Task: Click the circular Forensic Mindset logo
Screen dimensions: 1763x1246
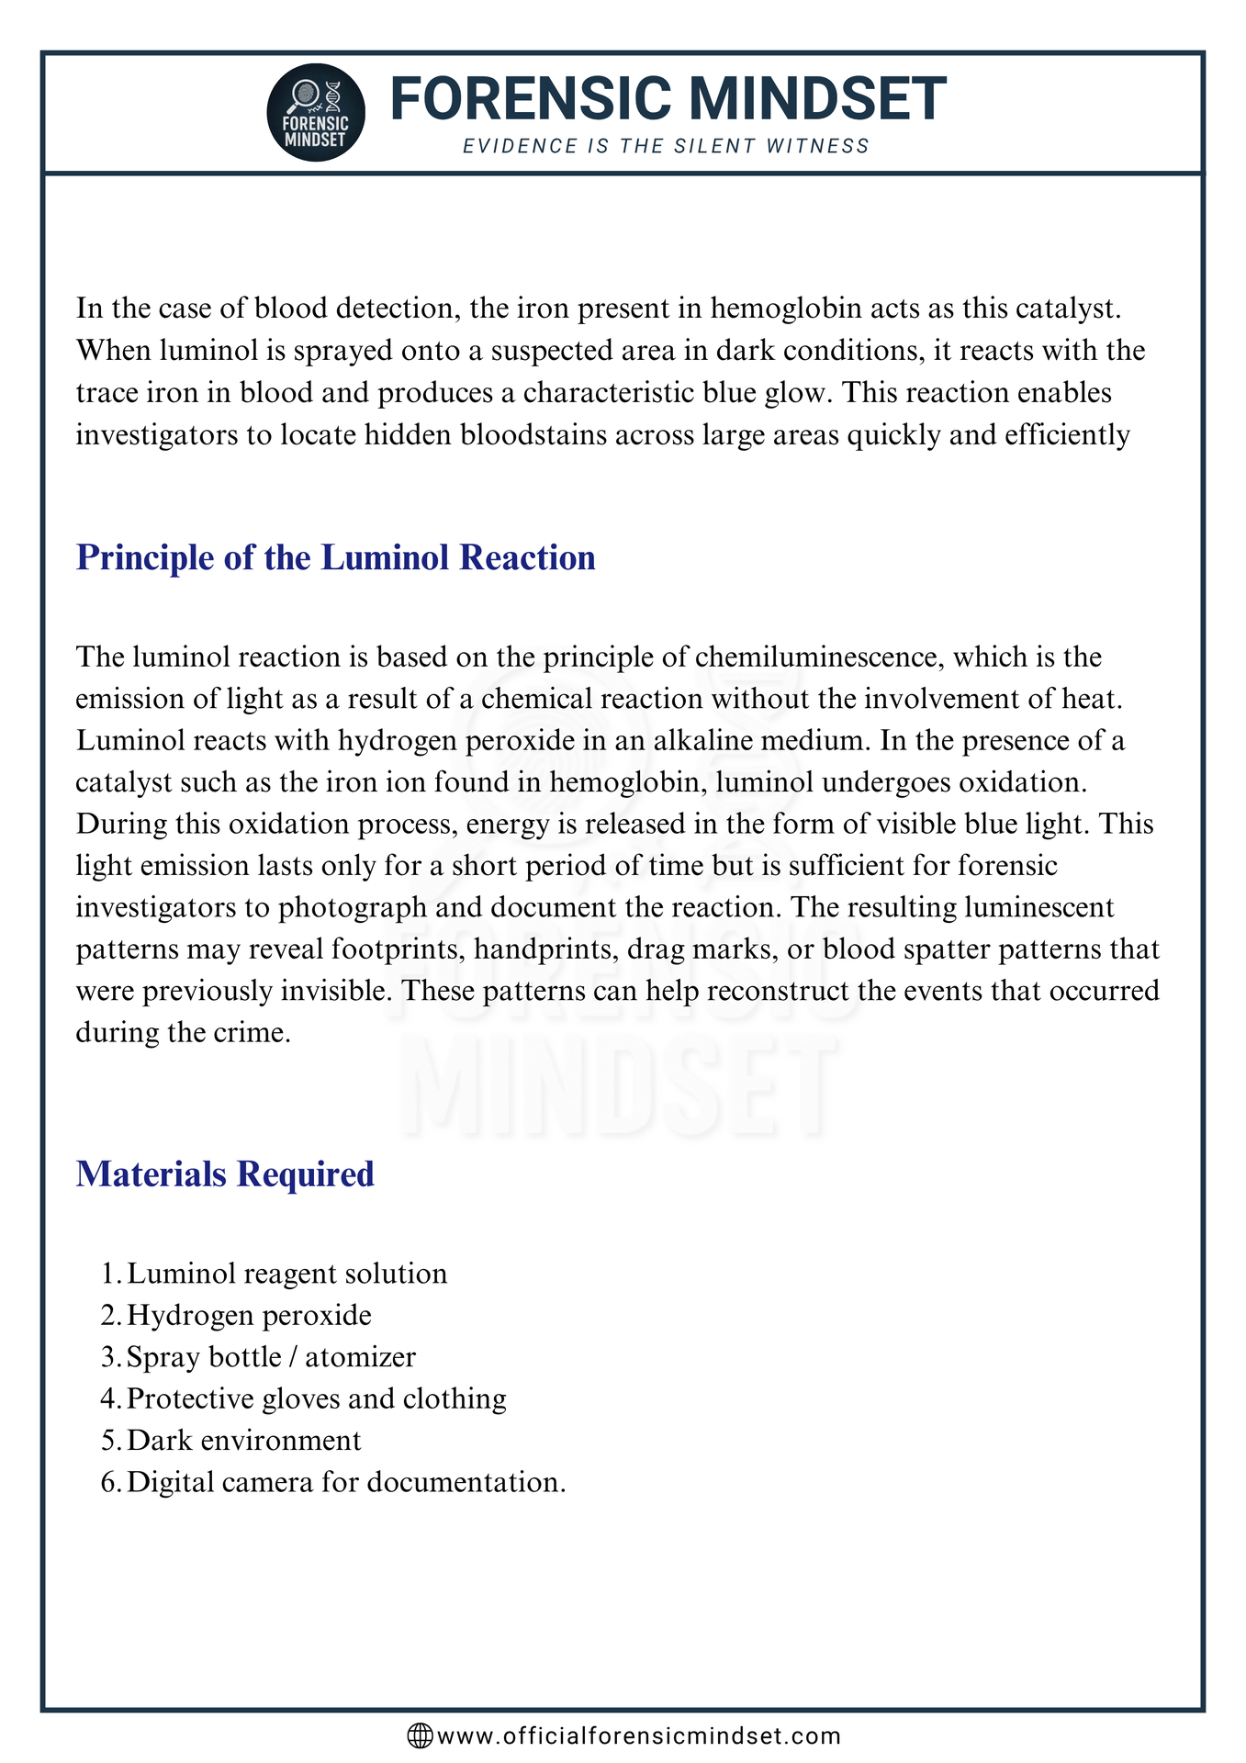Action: (316, 112)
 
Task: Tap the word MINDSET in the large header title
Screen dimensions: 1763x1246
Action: (817, 99)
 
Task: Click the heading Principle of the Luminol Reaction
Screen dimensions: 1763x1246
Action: (335, 557)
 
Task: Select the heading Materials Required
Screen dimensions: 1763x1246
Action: (225, 1173)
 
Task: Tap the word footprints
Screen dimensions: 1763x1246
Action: (393, 949)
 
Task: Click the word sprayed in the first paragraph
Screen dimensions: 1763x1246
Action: (339, 351)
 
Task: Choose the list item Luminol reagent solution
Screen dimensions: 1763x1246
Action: (286, 1274)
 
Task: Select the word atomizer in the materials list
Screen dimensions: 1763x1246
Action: (360, 1357)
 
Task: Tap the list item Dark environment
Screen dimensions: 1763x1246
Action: (243, 1440)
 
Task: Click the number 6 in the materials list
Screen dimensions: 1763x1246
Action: (107, 1482)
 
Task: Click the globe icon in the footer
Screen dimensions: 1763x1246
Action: (420, 1735)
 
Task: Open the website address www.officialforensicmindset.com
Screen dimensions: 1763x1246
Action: (639, 1735)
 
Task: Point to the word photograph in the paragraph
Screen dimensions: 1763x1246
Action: (353, 907)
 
